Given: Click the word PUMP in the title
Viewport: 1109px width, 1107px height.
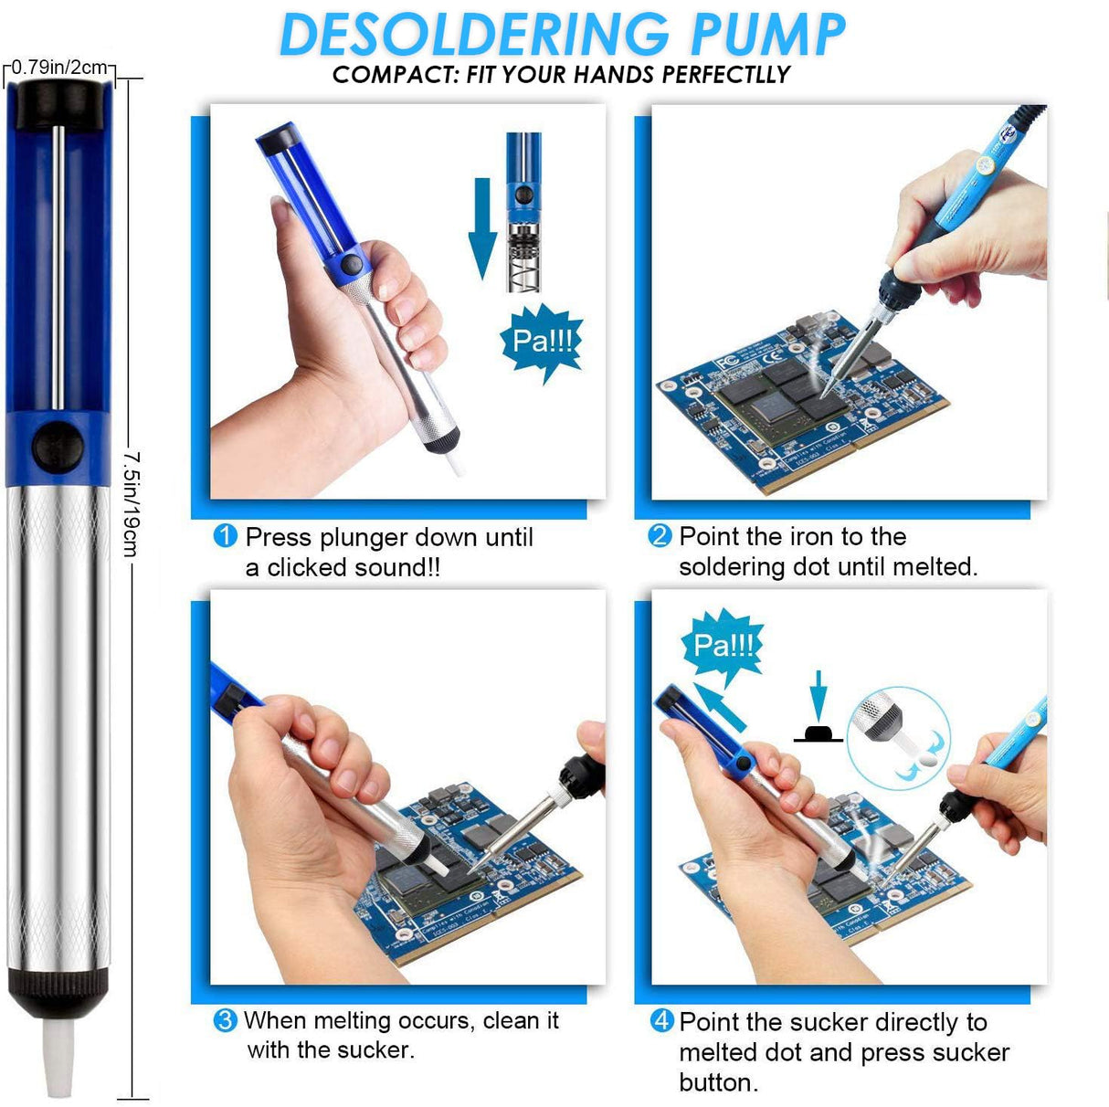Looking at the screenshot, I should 767,35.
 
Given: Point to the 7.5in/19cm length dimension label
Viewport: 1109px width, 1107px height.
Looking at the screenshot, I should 132,502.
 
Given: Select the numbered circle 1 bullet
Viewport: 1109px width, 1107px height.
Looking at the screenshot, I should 225,536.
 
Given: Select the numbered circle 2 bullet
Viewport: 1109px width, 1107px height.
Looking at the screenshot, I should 660,536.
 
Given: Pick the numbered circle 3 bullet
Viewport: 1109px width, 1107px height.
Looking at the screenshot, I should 225,1020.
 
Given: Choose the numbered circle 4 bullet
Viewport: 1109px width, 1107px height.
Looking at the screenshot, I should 661,1021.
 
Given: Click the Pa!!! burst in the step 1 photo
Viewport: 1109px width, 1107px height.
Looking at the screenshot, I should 544,343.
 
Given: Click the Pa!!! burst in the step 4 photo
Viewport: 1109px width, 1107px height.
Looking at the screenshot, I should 723,647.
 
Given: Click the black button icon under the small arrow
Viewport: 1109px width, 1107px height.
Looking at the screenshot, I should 818,733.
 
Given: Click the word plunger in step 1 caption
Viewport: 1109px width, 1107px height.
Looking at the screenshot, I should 363,537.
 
